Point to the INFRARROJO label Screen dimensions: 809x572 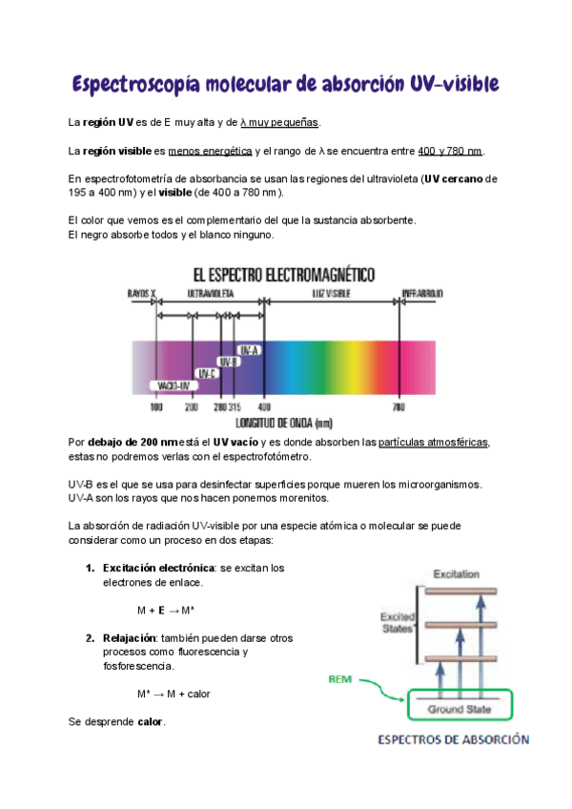421,293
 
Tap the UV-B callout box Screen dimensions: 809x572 228,362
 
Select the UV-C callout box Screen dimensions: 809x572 206,373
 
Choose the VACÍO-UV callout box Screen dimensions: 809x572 174,385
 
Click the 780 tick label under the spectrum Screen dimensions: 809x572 398,407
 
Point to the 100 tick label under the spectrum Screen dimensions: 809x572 157,407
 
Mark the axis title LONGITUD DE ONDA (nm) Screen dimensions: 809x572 283,421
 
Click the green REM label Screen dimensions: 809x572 340,680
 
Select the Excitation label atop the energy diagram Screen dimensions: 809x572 456,574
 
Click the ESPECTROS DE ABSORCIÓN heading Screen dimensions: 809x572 454,739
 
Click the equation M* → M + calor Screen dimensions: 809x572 174,694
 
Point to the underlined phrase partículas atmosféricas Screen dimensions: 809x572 433,443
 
